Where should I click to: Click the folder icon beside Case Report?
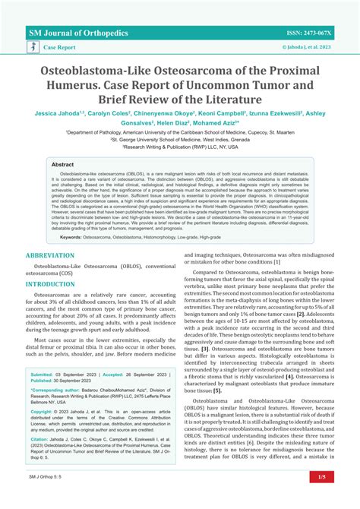[x=32, y=46]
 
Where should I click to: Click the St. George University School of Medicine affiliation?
[x=179, y=140]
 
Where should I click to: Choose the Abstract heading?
[x=62, y=164]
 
